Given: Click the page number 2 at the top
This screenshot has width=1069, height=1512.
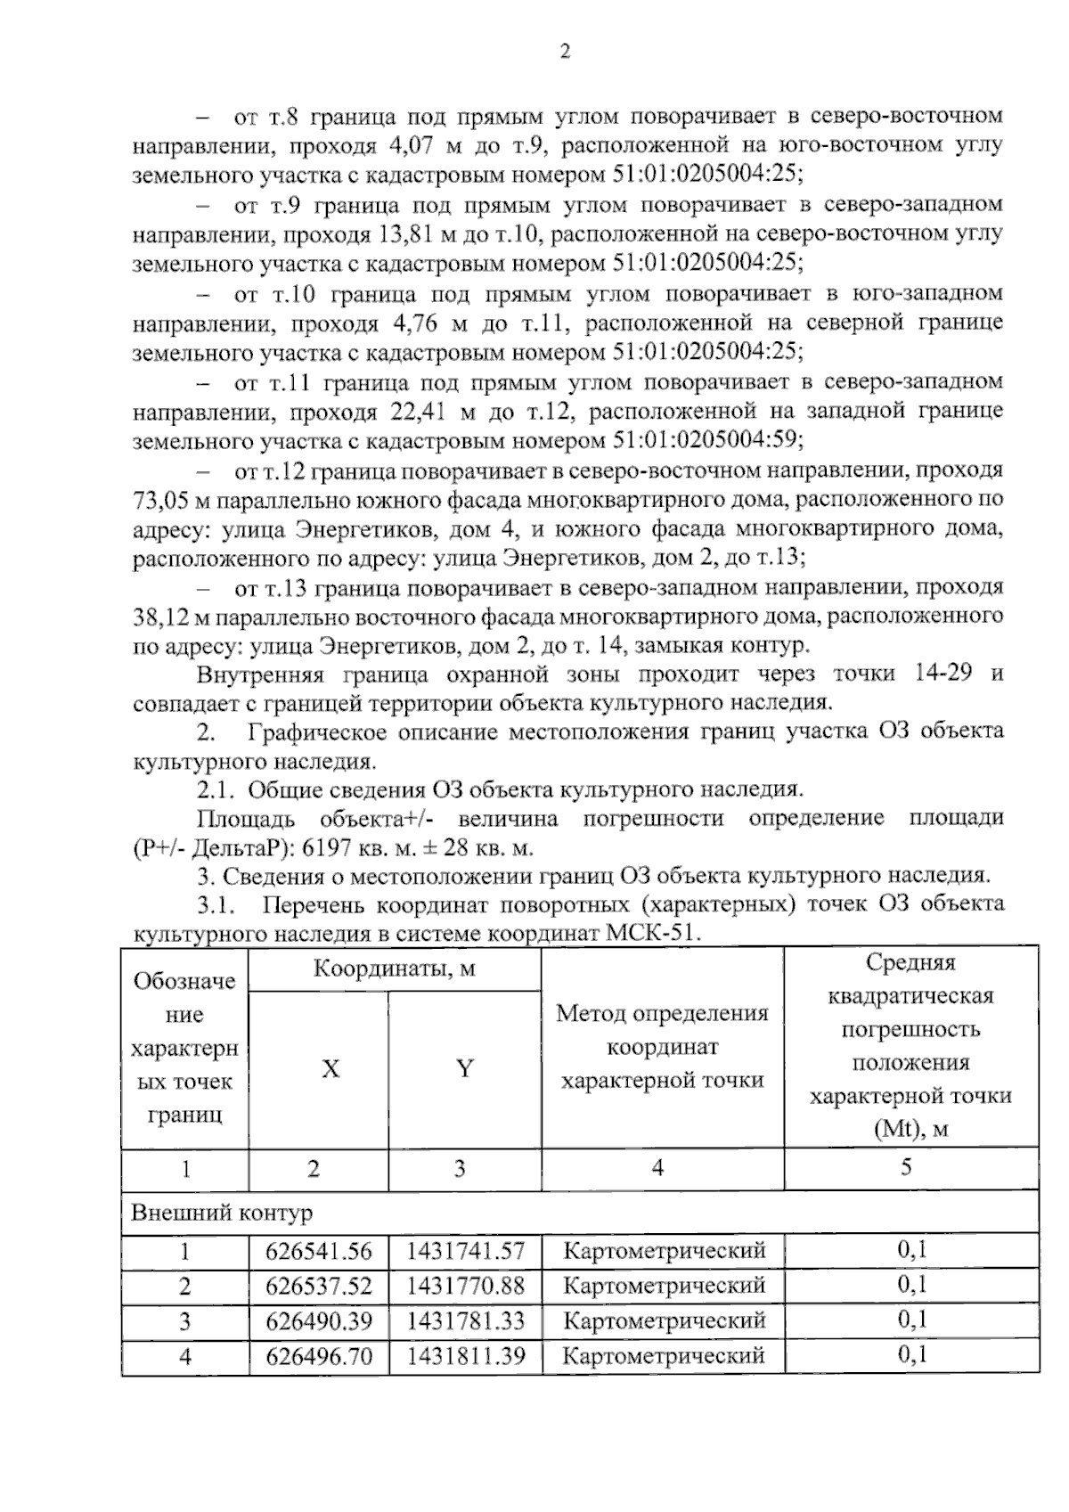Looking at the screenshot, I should [564, 52].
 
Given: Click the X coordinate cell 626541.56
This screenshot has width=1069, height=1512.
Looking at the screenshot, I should [318, 1251].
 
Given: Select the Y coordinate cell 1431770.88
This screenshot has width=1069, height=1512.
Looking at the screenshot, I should [465, 1286].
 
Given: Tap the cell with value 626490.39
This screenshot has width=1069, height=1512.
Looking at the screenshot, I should [318, 1320].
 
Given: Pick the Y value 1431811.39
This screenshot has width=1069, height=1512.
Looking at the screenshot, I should [465, 1356].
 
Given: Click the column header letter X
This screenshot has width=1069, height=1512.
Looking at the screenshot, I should [330, 1069].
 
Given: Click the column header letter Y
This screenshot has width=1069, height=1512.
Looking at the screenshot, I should [464, 1069].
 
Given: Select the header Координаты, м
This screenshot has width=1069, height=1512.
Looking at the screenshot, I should [394, 968].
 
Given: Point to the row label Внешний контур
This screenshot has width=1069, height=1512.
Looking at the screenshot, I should [222, 1214].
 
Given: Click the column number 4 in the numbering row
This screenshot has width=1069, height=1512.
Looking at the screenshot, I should [657, 1168].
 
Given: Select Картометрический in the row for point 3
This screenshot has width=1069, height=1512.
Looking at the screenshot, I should [665, 1320].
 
